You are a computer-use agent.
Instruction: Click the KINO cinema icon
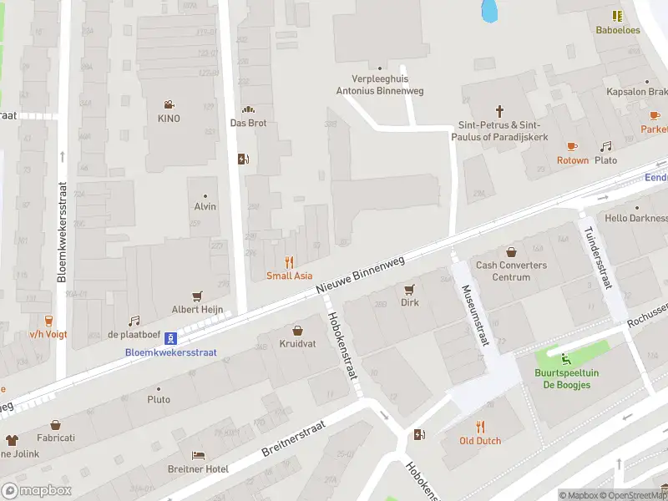pos(169,104)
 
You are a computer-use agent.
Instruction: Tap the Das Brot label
pos(247,123)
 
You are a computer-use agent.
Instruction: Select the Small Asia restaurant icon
pos(290,261)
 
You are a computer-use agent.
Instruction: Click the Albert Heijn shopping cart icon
pos(198,296)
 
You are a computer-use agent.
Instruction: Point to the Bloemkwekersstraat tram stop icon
pos(170,338)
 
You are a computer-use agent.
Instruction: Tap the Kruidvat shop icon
pos(297,330)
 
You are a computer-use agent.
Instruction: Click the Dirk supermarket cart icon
pos(409,289)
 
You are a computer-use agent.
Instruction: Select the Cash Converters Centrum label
pos(511,271)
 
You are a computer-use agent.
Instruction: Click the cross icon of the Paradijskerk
pos(500,110)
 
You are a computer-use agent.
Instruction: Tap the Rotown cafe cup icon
pos(573,146)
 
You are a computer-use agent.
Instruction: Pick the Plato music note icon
pos(606,146)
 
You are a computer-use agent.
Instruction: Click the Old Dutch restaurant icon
pos(480,426)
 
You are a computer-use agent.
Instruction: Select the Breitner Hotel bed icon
pos(198,455)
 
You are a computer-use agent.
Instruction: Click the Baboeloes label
pos(617,29)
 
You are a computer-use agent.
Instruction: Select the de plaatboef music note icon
pos(134,321)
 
